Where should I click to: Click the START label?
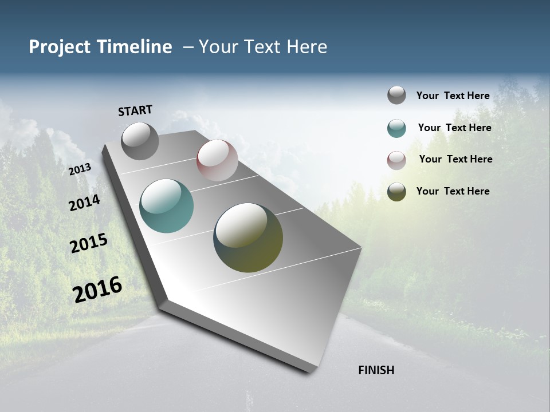tap(135, 110)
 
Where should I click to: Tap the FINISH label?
tap(376, 370)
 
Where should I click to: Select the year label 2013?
tap(80, 169)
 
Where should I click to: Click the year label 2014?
tap(84, 203)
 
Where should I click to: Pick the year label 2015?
tap(88, 243)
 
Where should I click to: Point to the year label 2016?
tap(97, 290)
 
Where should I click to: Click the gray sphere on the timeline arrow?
tap(140, 141)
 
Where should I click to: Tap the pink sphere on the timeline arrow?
tap(217, 160)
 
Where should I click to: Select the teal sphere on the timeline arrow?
tap(166, 206)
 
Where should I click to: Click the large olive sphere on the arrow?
tap(248, 237)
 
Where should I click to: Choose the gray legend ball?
tap(396, 95)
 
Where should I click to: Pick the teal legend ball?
tap(396, 128)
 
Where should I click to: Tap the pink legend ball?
tap(396, 160)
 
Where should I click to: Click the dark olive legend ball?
tap(396, 192)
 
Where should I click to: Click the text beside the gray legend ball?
tap(453, 96)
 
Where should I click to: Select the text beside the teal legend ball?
tap(454, 128)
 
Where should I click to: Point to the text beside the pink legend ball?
tap(455, 159)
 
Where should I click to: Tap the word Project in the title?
tap(59, 47)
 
